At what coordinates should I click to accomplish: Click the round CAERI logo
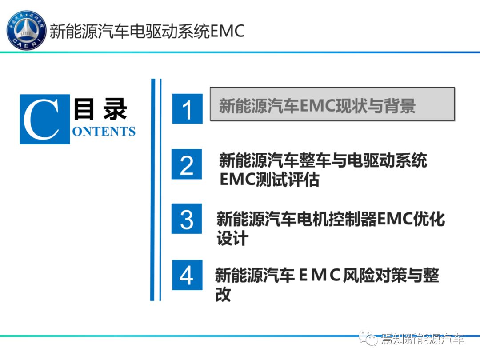click(x=26, y=31)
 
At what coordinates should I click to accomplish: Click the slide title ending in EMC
click(x=147, y=31)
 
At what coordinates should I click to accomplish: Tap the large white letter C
click(x=42, y=120)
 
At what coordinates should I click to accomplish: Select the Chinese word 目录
click(x=100, y=109)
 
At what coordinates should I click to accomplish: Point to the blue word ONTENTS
click(x=104, y=131)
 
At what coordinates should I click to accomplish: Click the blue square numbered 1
click(x=188, y=109)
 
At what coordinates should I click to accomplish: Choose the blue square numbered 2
click(x=187, y=164)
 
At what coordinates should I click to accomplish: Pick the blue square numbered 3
click(x=187, y=219)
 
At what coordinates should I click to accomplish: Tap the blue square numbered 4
click(x=187, y=275)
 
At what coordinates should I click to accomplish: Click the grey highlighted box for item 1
click(x=332, y=104)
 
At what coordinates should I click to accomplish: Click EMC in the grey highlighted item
click(x=317, y=106)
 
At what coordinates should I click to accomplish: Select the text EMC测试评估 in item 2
click(x=269, y=180)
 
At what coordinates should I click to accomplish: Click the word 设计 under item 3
click(x=232, y=238)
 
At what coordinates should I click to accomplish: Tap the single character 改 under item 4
click(x=223, y=294)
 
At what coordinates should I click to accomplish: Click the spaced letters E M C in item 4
click(x=319, y=275)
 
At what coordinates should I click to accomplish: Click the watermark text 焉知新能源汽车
click(x=423, y=339)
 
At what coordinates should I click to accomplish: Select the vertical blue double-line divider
click(x=156, y=190)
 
